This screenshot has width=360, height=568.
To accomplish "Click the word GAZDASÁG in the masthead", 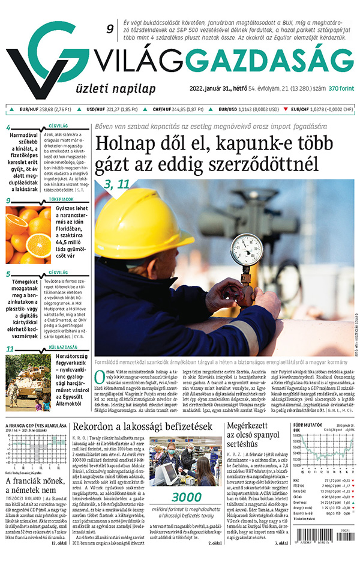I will pyautogui.click(x=283, y=61).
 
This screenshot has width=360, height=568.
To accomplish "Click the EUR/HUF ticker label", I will pyautogui.click(x=29, y=110).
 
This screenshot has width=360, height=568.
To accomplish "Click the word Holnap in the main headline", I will pyautogui.click(x=130, y=146).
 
